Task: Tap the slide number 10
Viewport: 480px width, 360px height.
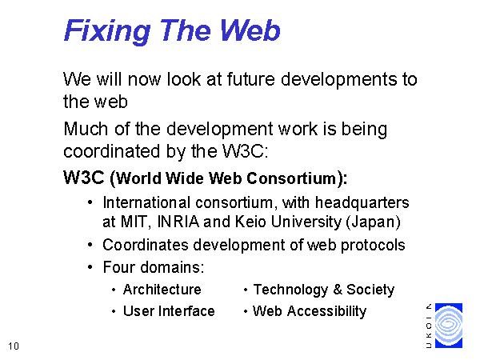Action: click(14, 346)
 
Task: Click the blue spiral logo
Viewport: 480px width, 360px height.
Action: click(449, 326)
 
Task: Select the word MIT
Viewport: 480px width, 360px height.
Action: click(134, 222)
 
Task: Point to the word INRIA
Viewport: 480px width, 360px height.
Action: click(178, 222)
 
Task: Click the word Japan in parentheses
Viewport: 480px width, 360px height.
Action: click(373, 222)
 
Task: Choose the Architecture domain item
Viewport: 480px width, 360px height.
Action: click(162, 290)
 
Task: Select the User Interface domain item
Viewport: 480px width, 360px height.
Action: click(169, 311)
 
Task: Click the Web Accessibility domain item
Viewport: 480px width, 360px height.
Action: click(310, 312)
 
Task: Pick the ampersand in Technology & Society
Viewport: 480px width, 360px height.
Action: click(338, 290)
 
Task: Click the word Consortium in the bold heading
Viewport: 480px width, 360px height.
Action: click(292, 178)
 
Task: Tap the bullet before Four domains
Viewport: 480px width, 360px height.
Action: click(90, 267)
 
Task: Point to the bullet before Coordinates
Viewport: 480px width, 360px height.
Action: click(90, 245)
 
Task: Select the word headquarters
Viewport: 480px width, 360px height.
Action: click(362, 203)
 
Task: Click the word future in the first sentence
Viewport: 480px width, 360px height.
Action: click(251, 79)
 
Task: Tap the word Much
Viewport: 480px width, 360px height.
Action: click(86, 129)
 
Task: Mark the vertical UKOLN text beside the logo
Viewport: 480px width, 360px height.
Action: click(429, 326)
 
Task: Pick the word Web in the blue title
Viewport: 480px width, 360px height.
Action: click(250, 30)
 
